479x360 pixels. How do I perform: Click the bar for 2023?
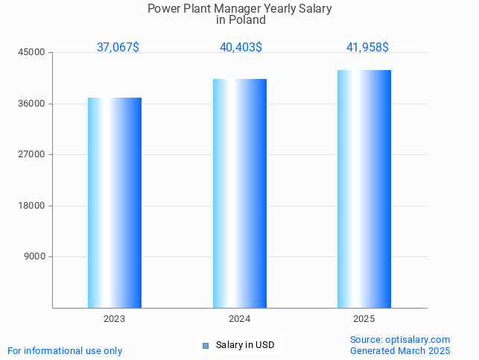(115, 203)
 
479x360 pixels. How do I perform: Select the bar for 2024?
(239, 193)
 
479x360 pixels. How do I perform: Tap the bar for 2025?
(364, 189)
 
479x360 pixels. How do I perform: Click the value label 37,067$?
(118, 48)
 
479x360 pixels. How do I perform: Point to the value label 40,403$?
(241, 48)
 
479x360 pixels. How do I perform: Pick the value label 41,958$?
(367, 48)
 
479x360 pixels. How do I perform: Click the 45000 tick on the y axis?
(32, 52)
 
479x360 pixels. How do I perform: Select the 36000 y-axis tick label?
(32, 104)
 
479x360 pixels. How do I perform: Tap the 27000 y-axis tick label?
(32, 154)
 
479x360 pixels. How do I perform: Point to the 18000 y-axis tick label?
(32, 206)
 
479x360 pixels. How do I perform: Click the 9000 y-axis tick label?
(34, 256)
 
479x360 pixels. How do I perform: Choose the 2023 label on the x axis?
(115, 319)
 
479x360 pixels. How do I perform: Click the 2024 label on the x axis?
(239, 319)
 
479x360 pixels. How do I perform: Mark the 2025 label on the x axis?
(364, 319)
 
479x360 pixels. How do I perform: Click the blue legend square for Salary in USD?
(206, 345)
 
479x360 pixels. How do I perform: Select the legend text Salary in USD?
(245, 345)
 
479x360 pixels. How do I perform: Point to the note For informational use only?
(65, 350)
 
